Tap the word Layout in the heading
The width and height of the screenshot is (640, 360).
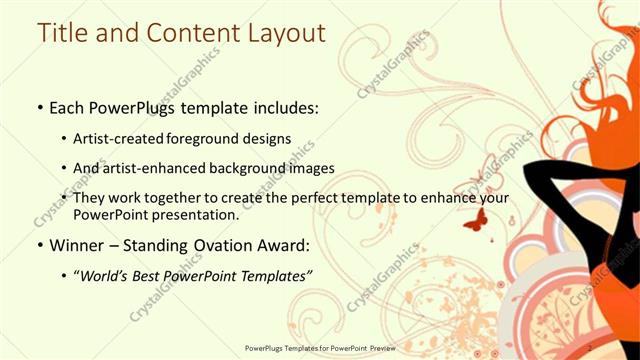tap(281, 33)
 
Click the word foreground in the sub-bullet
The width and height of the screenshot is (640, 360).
tap(220, 138)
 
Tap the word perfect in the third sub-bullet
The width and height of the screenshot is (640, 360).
tap(304, 198)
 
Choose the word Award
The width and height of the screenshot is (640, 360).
tap(285, 245)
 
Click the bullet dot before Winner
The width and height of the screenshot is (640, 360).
tap(39, 246)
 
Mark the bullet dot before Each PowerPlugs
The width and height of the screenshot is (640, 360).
tap(39, 107)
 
